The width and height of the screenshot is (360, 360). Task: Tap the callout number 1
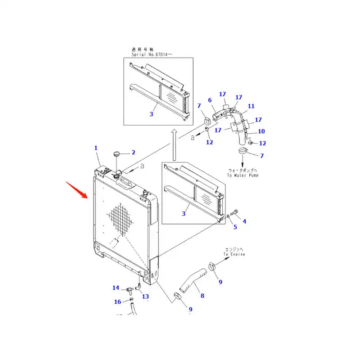point(96,148)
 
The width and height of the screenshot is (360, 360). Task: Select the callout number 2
point(133,153)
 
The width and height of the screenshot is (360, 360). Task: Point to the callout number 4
point(244,221)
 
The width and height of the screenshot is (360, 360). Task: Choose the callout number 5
point(234,227)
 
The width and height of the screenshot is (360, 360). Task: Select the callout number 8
point(202,296)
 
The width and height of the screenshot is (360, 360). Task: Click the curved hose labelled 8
point(191,279)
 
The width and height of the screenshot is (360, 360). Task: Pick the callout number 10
point(261,131)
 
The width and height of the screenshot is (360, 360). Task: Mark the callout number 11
point(251,106)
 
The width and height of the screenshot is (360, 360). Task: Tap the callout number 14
point(116,288)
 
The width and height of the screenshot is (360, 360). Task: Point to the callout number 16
point(117,301)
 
